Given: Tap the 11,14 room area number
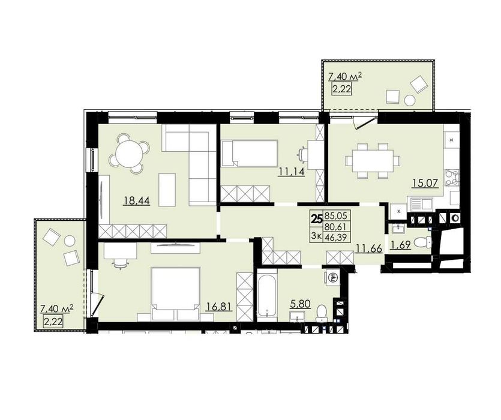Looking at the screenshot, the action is point(292,172).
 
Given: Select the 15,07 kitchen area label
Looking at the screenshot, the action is point(425,184).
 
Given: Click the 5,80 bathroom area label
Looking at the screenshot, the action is point(301,304).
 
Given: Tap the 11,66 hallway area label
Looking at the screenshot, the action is point(370,248).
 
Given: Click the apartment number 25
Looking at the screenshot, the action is point(317,218).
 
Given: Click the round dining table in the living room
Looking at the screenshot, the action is point(130,154).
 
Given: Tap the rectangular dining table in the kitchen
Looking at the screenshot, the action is point(372,161).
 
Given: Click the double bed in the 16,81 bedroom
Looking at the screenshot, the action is point(175,294).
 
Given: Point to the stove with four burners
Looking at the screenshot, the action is point(451,178).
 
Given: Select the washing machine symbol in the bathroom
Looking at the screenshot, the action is point(332,277).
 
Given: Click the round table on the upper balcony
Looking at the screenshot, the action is point(409,100).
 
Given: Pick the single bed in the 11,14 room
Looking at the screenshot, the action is point(249,154).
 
